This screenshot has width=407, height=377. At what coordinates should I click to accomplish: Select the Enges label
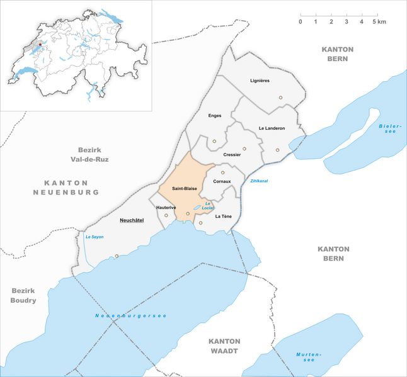coord(215,115)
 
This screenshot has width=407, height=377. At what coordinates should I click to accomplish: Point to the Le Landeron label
coord(272,128)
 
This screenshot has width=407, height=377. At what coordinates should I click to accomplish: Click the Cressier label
coord(232,154)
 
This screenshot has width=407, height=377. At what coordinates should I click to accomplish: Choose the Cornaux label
coord(222,181)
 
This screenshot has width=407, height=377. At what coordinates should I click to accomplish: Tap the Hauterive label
coord(167,206)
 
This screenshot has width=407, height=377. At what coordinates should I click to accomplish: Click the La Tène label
coord(224,217)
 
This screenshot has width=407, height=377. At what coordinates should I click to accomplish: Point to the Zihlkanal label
coord(259,181)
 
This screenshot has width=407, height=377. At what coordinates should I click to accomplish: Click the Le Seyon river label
coord(94,237)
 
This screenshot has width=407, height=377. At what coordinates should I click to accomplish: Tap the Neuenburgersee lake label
coord(131,315)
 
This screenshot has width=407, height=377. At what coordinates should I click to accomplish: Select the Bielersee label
coord(387,130)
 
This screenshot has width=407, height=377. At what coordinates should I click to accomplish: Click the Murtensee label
coord(309,357)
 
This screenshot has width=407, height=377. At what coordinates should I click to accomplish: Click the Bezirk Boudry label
coord(23,296)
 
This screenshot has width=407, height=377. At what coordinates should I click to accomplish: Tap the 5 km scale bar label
coord(379,22)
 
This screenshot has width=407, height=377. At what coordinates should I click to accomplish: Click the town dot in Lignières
coord(280,98)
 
